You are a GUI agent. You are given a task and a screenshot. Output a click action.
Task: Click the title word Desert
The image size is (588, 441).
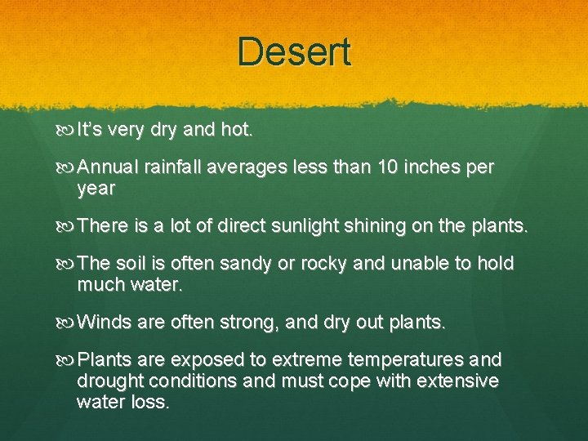(x=294, y=51)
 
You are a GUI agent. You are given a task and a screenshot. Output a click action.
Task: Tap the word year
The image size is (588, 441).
(x=96, y=189)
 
